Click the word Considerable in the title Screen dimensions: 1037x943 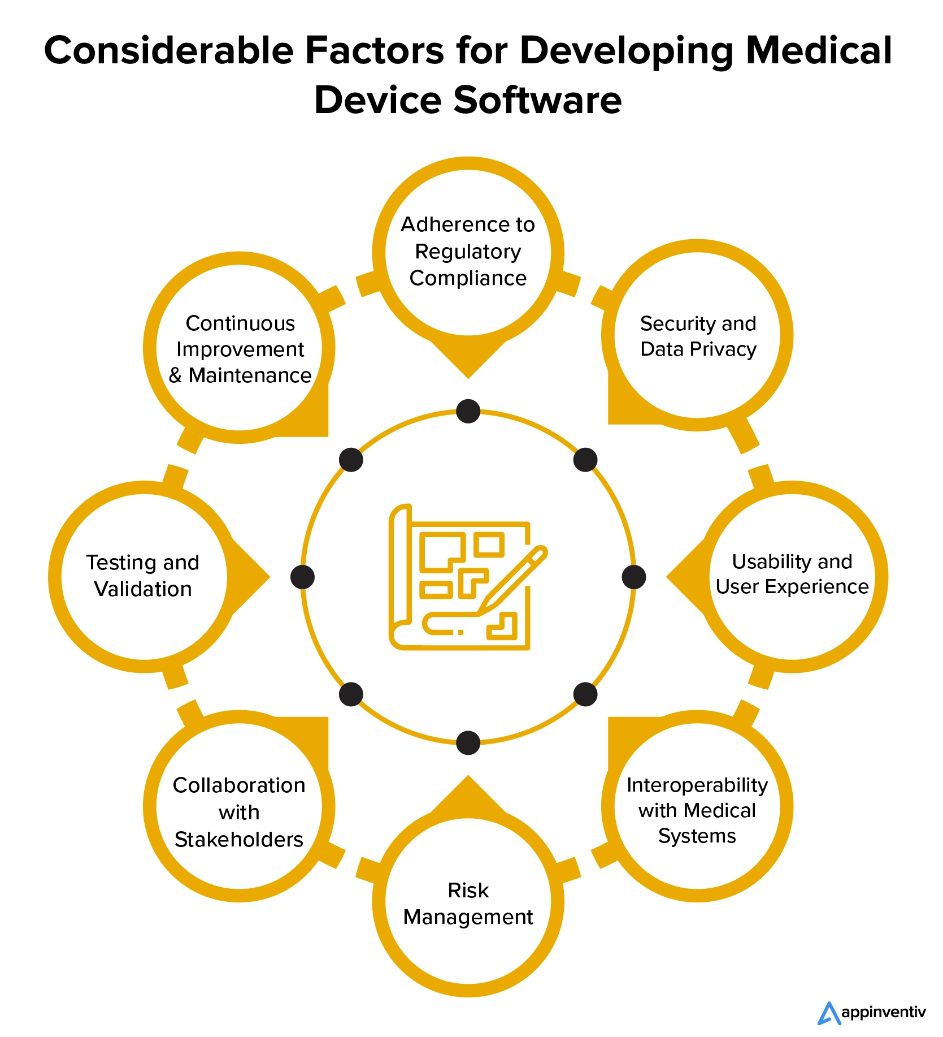169,51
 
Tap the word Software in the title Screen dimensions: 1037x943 537,101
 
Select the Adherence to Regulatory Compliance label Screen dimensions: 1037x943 468,251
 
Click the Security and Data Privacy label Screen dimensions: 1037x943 698,336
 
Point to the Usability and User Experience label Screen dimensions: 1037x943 792,574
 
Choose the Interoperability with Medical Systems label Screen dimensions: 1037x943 697,810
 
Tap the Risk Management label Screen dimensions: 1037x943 468,903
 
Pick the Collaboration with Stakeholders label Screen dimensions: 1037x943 239,812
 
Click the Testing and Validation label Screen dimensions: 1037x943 143,576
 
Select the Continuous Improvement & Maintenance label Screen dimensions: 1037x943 240,349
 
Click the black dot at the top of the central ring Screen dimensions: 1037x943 468,411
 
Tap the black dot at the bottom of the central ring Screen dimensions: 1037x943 468,742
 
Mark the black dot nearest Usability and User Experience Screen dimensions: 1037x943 633,577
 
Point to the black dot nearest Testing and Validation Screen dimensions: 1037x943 302,577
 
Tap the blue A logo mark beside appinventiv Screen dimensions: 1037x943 828,1012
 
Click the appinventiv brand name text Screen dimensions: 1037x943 883,1012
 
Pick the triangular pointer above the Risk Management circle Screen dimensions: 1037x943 468,794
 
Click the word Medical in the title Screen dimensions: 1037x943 819,51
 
